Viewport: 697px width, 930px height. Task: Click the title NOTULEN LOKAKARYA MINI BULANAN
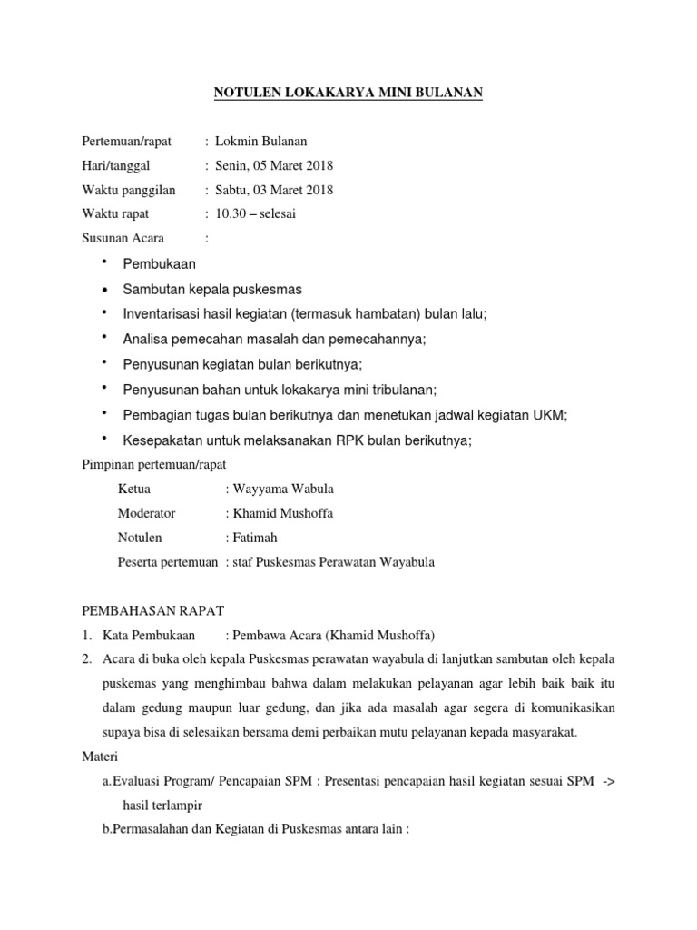tap(348, 92)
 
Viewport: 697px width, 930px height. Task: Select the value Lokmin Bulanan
tap(260, 141)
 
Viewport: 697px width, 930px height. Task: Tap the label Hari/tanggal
tap(116, 165)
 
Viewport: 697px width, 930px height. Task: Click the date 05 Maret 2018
tap(295, 165)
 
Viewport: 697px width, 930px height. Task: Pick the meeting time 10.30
tap(230, 214)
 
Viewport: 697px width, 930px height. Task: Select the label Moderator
tap(147, 513)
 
